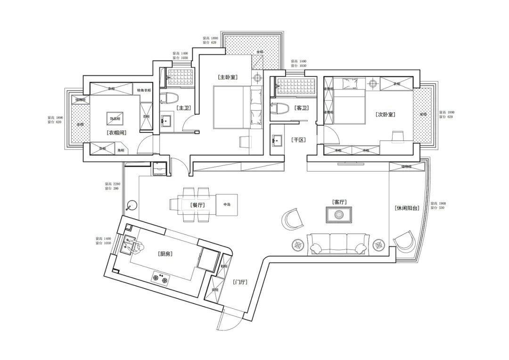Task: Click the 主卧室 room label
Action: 227,77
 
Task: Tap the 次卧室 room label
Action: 385,114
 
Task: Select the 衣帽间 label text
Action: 116,133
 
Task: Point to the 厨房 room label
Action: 165,254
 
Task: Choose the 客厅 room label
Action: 339,202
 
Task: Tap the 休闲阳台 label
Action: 407,208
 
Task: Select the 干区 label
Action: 298,140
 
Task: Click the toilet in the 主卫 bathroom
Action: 168,98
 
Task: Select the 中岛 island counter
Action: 227,205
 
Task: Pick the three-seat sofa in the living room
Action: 337,243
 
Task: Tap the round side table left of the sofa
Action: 298,245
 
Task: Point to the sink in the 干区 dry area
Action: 277,140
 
